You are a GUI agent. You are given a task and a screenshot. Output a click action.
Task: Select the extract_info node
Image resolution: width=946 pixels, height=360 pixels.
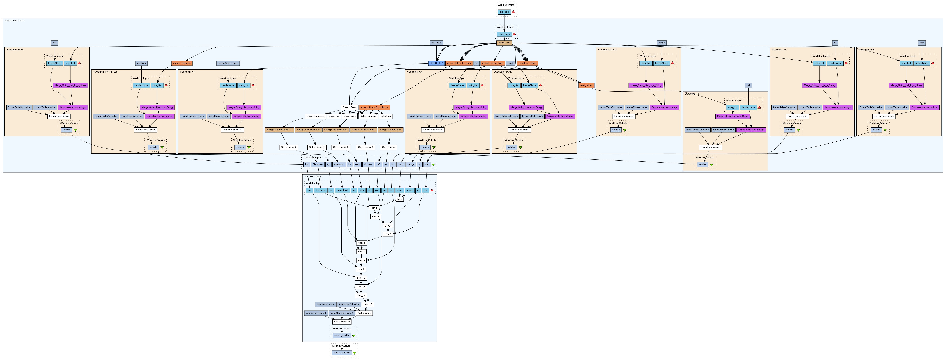pos(504,43)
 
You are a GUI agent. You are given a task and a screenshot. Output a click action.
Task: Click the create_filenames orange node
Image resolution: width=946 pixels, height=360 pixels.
pos(182,63)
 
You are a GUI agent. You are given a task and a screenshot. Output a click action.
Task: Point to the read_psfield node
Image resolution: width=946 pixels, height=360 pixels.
pos(586,85)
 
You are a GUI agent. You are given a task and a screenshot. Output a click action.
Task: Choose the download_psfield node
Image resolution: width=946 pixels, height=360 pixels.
pos(528,63)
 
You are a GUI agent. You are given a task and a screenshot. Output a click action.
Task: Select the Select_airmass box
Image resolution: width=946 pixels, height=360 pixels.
pos(368,116)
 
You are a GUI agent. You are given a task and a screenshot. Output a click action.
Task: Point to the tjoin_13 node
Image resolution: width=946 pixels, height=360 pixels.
pos(368,304)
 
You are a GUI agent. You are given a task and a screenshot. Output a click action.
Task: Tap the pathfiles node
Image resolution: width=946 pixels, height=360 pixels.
pos(141,63)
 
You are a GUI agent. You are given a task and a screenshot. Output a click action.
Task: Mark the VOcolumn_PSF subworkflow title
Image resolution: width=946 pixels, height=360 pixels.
pos(693,94)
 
